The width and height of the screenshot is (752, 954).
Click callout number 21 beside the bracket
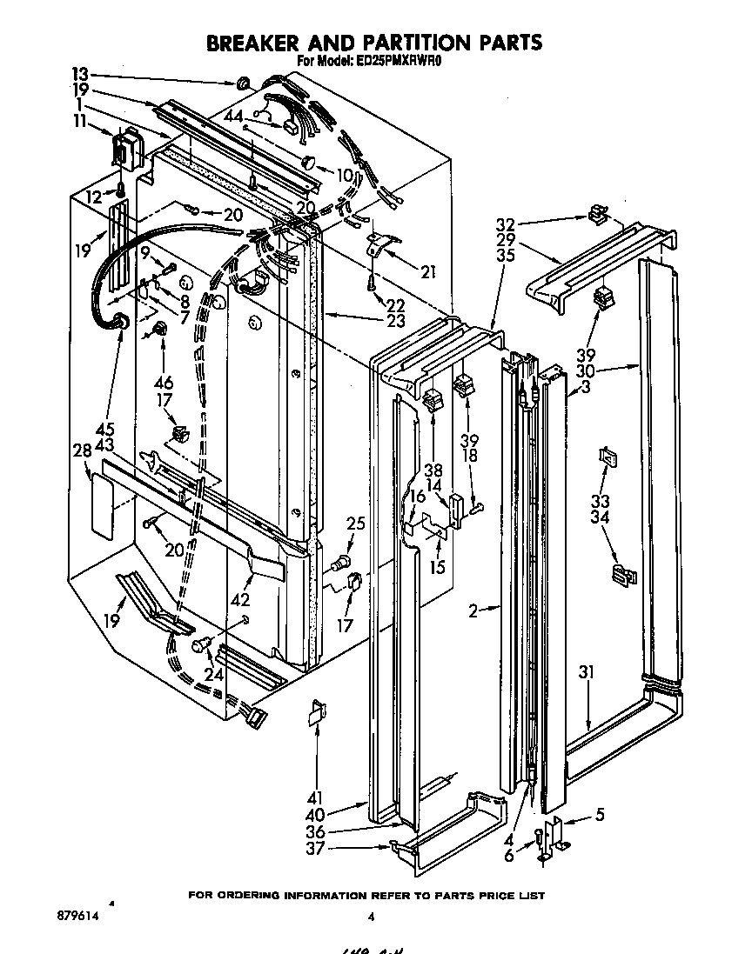pyautogui.click(x=427, y=272)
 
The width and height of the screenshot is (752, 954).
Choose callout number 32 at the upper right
pyautogui.click(x=506, y=223)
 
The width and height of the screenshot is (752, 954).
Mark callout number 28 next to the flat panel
pyautogui.click(x=82, y=450)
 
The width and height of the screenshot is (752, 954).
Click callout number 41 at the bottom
pyautogui.click(x=314, y=797)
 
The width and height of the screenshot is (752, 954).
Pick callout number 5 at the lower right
pyautogui.click(x=599, y=815)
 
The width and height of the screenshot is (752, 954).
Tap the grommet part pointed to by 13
pyautogui.click(x=243, y=83)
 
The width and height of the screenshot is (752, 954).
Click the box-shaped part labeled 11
pyautogui.click(x=129, y=146)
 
